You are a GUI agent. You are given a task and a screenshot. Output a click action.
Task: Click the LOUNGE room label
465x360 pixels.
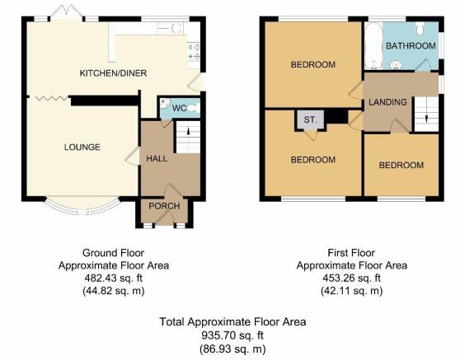point(82,147)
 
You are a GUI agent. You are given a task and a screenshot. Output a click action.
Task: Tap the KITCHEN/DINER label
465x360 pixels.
point(113,73)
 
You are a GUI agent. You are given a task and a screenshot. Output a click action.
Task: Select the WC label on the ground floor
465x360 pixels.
point(180,108)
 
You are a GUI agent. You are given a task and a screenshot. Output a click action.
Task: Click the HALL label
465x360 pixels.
point(157,158)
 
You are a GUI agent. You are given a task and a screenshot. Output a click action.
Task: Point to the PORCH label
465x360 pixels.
point(164,206)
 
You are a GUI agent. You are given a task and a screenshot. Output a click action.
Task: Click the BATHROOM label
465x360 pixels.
point(411,46)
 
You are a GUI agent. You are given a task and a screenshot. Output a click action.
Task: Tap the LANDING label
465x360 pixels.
point(387,102)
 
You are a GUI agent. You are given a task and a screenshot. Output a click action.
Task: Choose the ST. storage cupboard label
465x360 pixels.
point(310,120)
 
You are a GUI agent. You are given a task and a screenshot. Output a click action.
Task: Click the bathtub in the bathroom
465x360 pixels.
point(373,46)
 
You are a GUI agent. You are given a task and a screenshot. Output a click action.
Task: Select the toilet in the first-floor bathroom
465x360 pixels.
point(420,29)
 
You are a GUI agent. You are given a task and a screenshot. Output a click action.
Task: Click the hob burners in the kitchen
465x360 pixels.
point(194,51)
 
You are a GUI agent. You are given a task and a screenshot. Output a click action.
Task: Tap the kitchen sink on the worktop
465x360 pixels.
point(170,29)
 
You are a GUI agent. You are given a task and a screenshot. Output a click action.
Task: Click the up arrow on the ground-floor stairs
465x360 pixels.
point(189,131)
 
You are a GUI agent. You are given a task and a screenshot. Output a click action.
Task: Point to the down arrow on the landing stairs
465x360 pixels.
point(426,119)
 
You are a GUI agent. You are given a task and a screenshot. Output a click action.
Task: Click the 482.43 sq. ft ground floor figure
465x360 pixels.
point(114,278)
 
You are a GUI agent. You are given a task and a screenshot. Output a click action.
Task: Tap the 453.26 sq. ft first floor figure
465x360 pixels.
point(352,278)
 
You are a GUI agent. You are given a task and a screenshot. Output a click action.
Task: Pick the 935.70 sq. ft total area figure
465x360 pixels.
point(233,336)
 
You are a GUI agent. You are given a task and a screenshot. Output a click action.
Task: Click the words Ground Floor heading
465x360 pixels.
point(113,253)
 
